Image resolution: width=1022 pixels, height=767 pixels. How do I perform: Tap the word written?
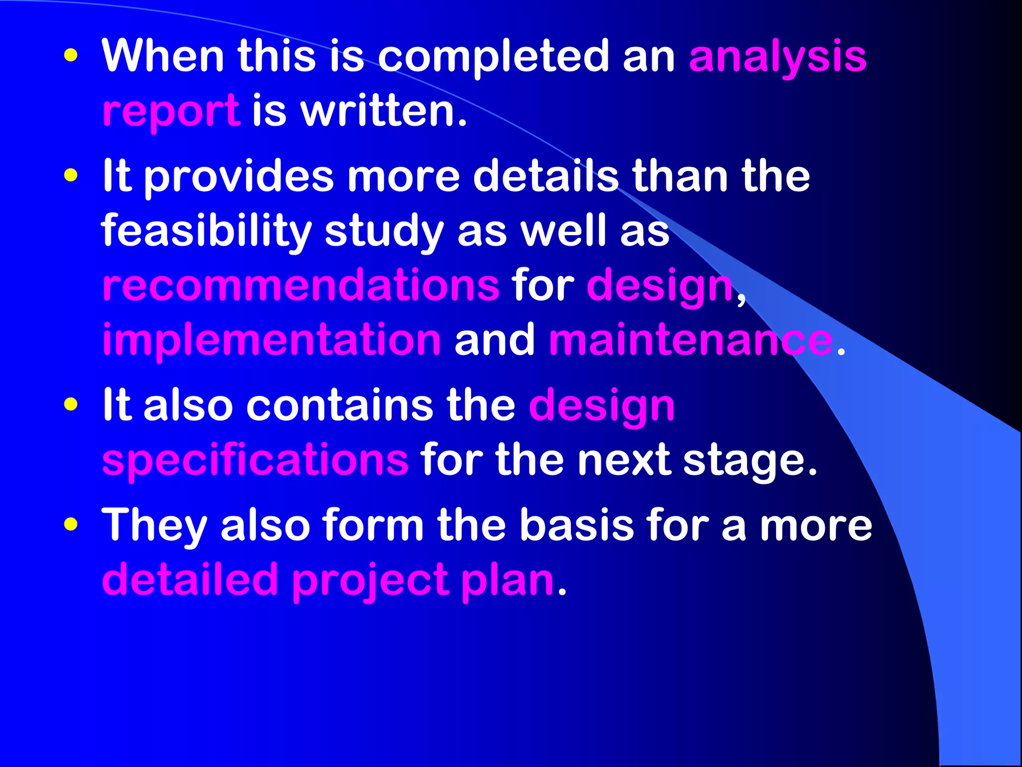pyautogui.click(x=384, y=111)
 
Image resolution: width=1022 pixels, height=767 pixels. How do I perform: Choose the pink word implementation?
pyautogui.click(x=271, y=340)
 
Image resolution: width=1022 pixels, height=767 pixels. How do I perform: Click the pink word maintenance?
pyautogui.click(x=691, y=340)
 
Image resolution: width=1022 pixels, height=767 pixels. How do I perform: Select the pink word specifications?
pyautogui.click(x=255, y=459)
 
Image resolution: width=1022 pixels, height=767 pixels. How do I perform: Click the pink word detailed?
pyautogui.click(x=190, y=580)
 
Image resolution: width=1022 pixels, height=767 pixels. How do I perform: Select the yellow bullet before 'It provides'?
pyautogui.click(x=71, y=176)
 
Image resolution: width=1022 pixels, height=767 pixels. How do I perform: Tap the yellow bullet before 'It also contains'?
pyautogui.click(x=71, y=404)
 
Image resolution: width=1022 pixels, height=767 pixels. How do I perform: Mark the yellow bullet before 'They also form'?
pyautogui.click(x=71, y=524)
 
